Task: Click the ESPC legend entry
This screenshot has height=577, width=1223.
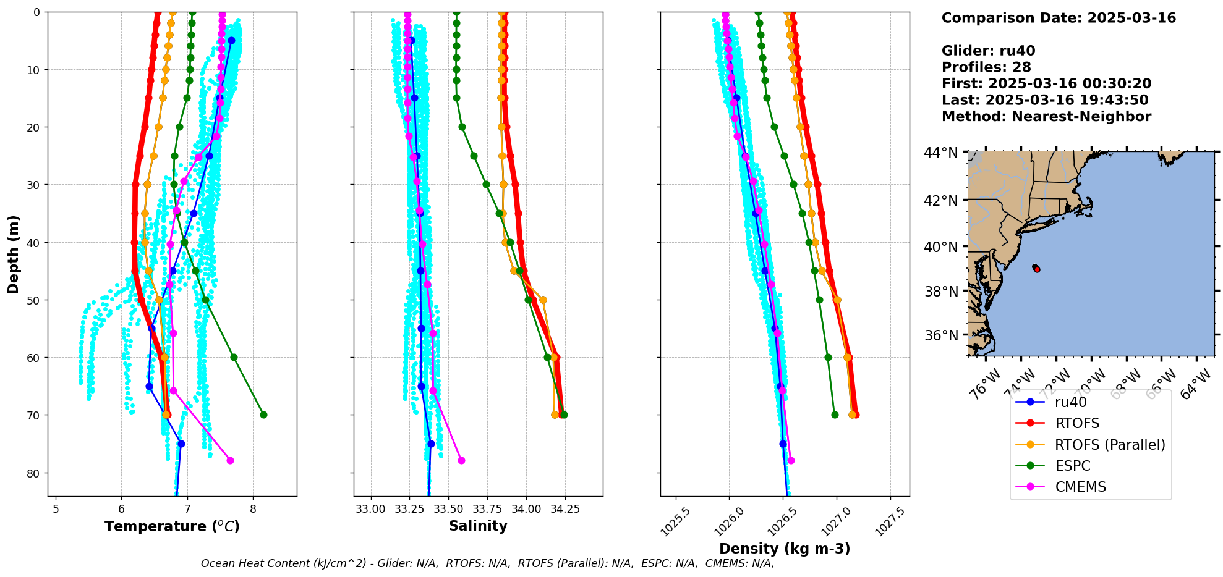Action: pos(1073,466)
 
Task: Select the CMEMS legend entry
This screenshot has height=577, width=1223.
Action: pos(1080,487)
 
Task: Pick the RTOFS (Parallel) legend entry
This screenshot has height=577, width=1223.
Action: pos(1110,445)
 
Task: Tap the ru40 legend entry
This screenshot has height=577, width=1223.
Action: pos(1070,402)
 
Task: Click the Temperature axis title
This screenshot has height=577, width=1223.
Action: pos(172,527)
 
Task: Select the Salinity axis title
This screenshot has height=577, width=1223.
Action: pos(478,526)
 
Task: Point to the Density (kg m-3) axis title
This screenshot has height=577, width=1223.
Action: pos(785,549)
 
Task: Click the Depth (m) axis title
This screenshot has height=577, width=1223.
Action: pos(14,255)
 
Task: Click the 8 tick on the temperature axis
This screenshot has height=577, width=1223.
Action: pos(253,509)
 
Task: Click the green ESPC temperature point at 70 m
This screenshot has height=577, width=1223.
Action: pos(263,415)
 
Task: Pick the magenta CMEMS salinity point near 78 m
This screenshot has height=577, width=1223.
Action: pos(461,460)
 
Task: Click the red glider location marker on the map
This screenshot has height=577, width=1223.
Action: pos(1037,269)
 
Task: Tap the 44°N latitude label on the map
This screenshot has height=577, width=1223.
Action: pos(941,153)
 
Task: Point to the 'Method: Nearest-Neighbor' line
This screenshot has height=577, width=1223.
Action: pos(1046,117)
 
